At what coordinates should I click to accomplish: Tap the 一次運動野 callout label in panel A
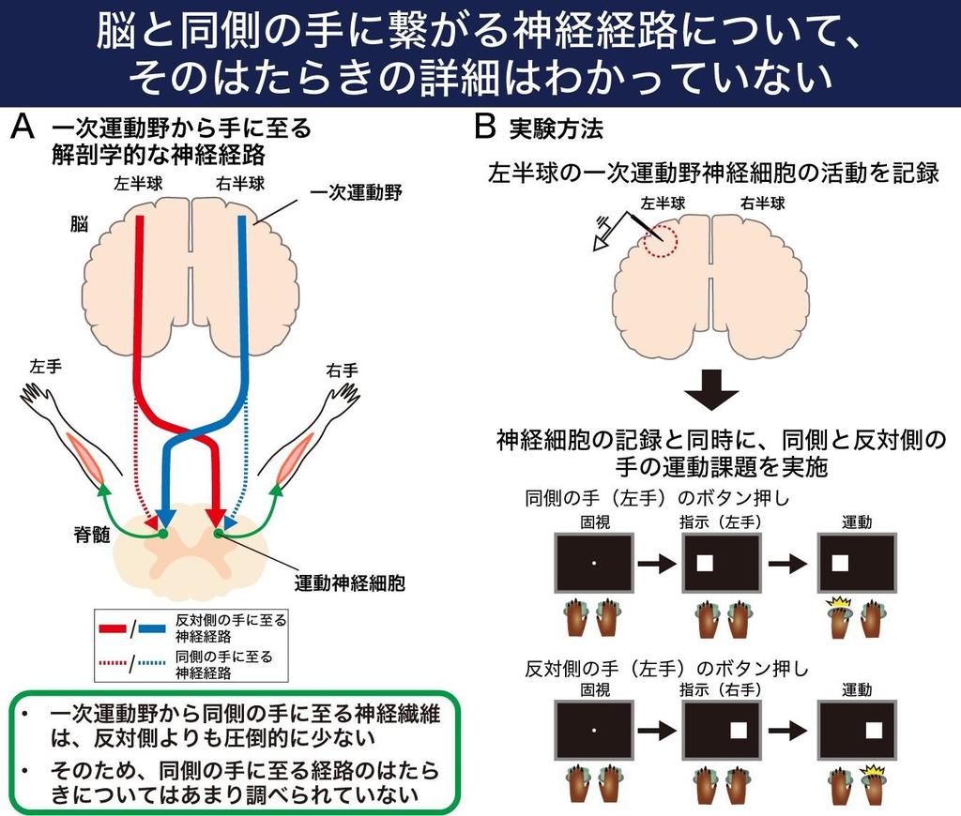356,192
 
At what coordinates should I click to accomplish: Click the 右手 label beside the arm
342,369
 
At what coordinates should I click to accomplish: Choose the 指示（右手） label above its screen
721,689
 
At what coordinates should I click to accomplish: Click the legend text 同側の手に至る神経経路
224,664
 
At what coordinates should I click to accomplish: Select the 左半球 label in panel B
663,202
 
